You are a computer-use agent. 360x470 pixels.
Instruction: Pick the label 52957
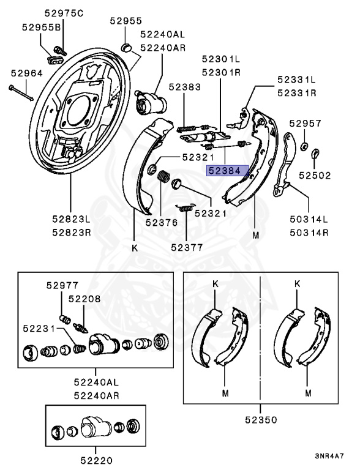pyautogui.click(x=306, y=124)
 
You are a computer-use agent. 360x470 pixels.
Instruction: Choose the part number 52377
pyautogui.click(x=186, y=247)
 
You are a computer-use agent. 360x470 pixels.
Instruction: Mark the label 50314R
pyautogui.click(x=309, y=233)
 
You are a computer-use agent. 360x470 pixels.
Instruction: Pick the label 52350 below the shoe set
pyautogui.click(x=260, y=420)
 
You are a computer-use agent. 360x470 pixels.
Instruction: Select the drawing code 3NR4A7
pyautogui.click(x=329, y=457)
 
